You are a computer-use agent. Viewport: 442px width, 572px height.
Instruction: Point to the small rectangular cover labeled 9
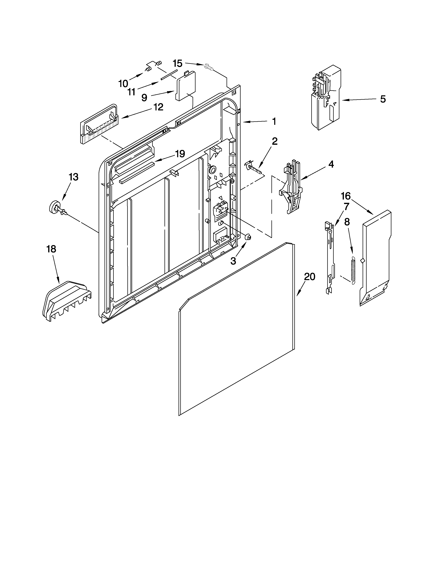pos(186,86)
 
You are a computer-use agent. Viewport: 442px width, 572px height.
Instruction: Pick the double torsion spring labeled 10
pos(154,66)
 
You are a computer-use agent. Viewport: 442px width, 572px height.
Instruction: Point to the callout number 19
pos(180,154)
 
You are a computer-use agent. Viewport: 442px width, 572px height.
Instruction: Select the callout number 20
pos(310,277)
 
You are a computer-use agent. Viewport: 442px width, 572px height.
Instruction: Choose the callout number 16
pos(346,196)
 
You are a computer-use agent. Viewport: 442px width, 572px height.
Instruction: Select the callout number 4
pos(331,164)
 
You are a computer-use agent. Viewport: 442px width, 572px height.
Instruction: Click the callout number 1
pos(274,121)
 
